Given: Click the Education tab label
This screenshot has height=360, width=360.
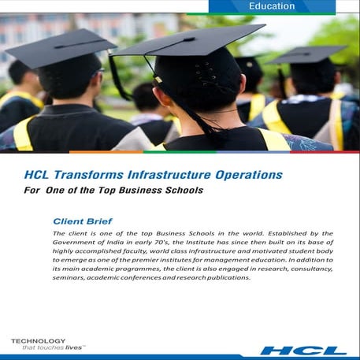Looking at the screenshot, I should point(271,6).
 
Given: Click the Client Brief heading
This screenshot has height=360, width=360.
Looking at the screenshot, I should point(84,221).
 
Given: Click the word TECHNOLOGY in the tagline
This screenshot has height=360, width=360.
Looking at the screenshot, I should point(37,340).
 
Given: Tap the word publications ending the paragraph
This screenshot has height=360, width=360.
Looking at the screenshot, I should point(229,278).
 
